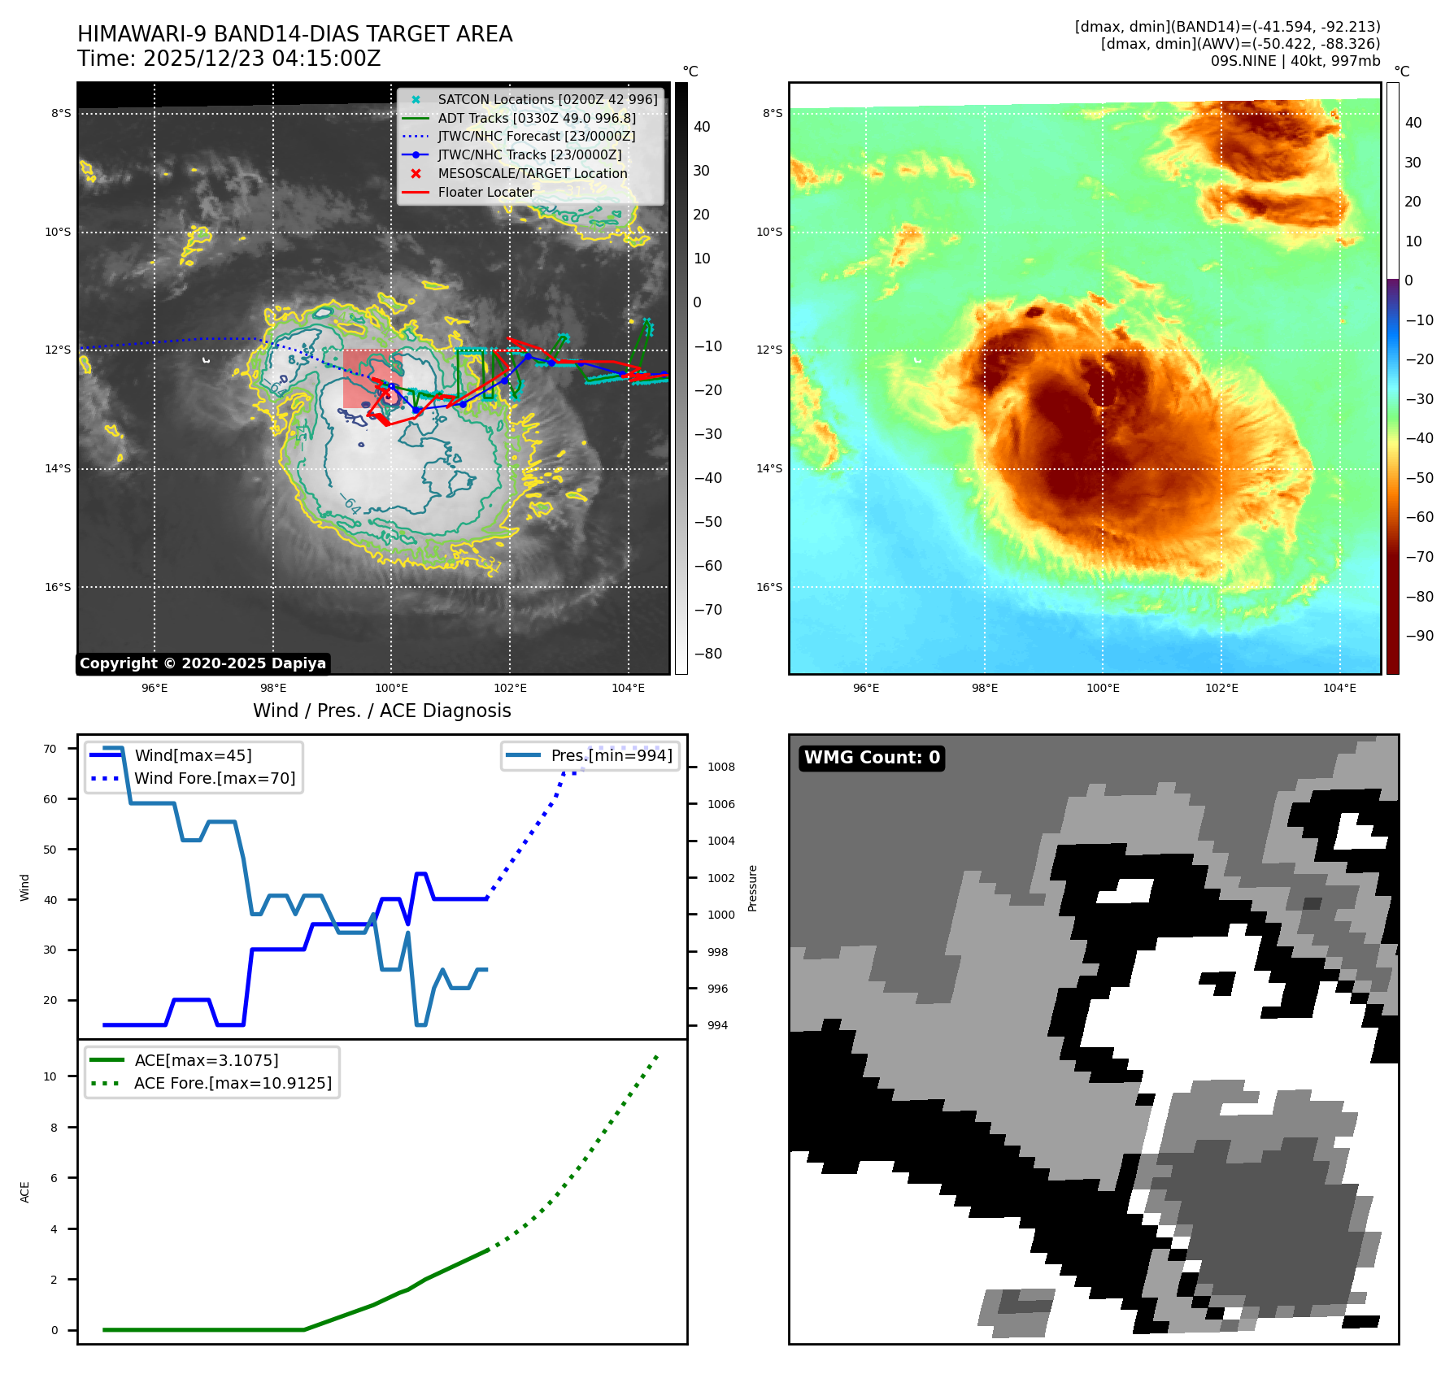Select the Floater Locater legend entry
coord(485,193)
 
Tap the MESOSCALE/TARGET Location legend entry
coord(532,174)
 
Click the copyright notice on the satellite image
coord(202,663)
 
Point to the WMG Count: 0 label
coord(872,758)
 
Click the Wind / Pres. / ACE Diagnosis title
coord(381,711)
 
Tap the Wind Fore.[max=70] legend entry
coord(215,778)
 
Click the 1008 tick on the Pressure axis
coord(720,767)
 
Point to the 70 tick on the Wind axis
coord(50,749)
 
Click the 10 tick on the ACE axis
coord(50,1076)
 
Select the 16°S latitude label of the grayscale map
coord(58,587)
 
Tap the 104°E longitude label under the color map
coord(1339,688)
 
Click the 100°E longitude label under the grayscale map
coord(391,688)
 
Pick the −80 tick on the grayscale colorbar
coord(707,654)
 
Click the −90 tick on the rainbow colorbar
coord(1419,636)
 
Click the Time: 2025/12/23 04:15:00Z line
coord(229,59)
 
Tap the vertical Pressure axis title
coord(753,888)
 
